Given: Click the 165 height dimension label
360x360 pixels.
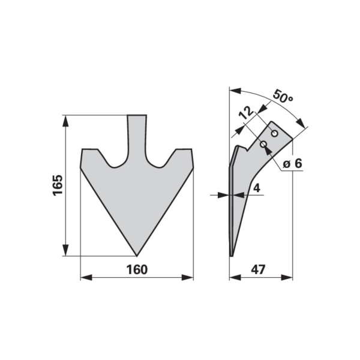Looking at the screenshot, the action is (x=58, y=185).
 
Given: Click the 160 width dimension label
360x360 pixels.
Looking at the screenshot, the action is (x=137, y=269).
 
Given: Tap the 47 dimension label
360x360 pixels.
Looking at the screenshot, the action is (x=258, y=269).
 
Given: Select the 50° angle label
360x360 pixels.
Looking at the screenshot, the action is (x=283, y=97).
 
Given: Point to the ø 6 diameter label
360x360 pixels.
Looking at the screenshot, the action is (x=292, y=164).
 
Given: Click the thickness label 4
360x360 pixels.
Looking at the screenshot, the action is (x=257, y=188).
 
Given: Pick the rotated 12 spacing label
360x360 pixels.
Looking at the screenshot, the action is (x=246, y=113).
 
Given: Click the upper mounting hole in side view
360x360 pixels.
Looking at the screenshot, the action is (x=275, y=133).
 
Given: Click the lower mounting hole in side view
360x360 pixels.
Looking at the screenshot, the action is (x=263, y=144).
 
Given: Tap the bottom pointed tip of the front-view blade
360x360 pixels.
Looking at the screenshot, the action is (x=137, y=256).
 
